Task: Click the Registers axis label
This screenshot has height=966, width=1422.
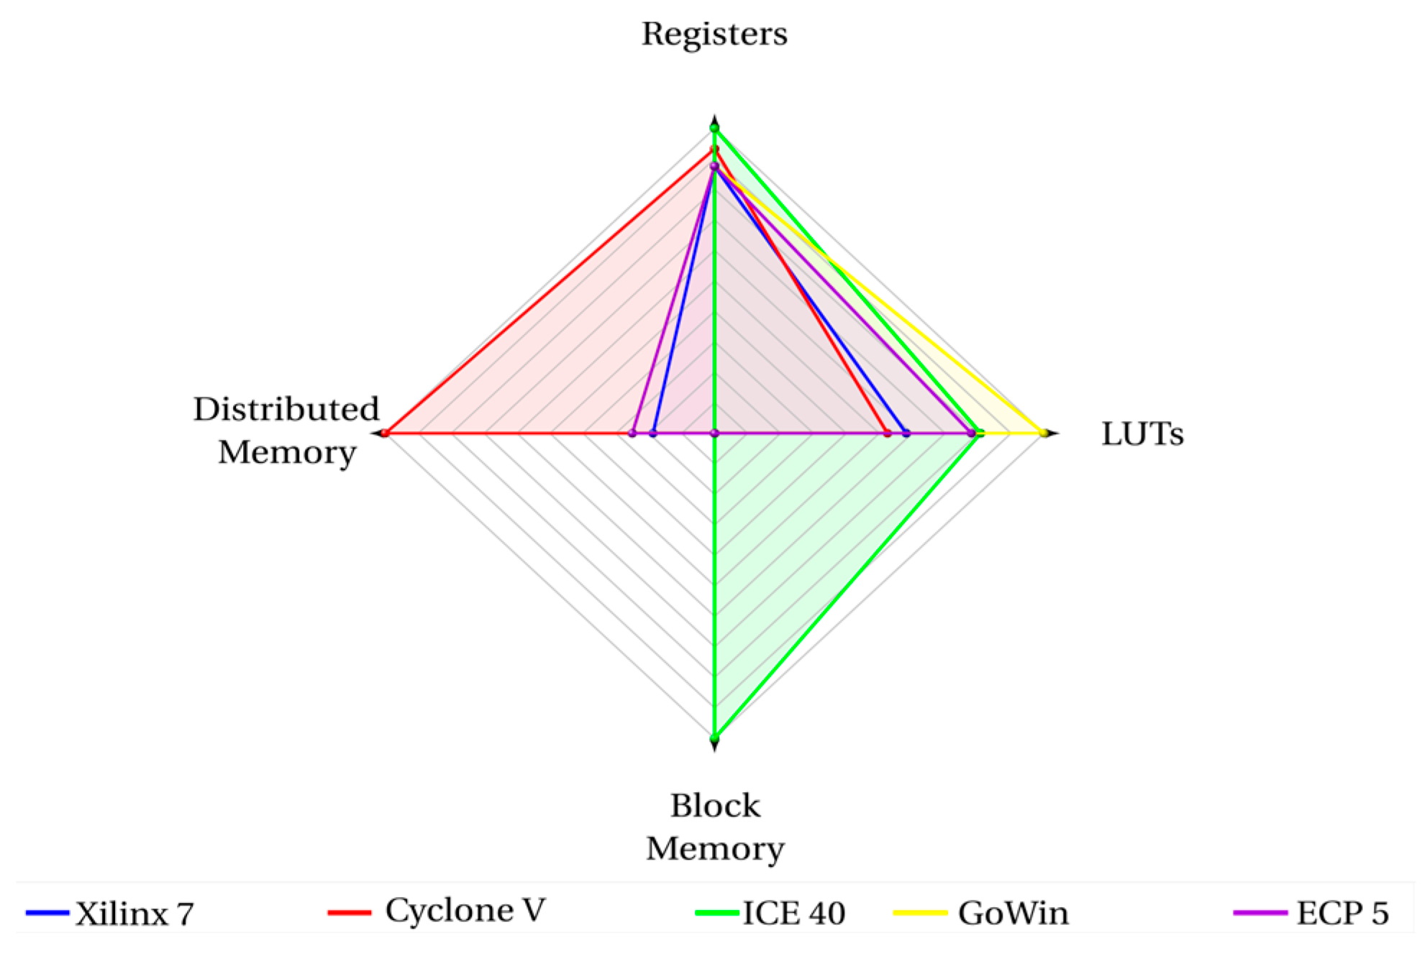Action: pos(714,34)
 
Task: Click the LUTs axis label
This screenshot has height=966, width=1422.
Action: pos(1141,434)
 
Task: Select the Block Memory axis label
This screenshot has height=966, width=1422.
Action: pos(714,827)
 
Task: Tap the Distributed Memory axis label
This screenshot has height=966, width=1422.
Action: pos(286,431)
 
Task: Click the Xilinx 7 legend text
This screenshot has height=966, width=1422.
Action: pos(135,914)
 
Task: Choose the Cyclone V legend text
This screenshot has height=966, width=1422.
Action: pos(465,911)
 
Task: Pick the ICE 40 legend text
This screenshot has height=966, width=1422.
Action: pos(793,914)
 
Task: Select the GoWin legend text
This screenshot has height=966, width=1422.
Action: pos(1013,914)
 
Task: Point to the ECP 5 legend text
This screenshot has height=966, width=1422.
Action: pos(1342,914)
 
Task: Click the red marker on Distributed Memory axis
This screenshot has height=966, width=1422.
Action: pos(386,433)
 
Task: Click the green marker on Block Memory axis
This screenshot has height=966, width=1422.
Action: pos(714,738)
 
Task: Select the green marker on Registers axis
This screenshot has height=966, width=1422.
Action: pos(714,129)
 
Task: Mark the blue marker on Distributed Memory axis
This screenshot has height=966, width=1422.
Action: pos(652,433)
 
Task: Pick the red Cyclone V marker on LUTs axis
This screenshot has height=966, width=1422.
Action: pos(887,433)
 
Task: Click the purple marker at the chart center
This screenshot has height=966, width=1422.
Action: pos(714,433)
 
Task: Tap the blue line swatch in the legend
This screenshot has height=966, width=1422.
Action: pos(47,914)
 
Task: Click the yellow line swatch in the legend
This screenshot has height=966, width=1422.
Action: pos(919,914)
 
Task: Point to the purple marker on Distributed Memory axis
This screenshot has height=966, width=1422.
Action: pos(632,433)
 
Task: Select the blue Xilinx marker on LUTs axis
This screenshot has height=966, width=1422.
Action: pos(906,433)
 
